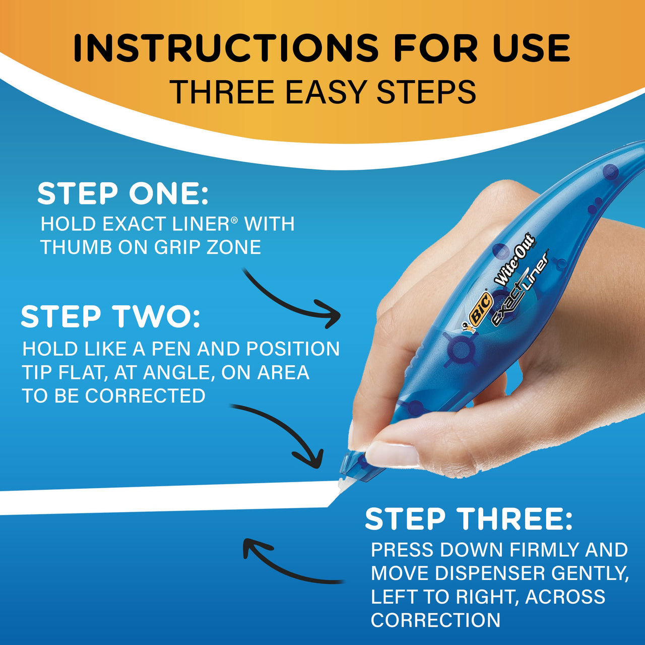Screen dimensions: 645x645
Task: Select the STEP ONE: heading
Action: (123, 193)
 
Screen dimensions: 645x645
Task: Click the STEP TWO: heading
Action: (110, 317)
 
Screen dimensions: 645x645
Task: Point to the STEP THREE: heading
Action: (469, 519)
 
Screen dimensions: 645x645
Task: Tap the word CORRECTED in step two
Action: (145, 396)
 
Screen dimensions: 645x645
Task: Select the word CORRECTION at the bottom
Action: (435, 620)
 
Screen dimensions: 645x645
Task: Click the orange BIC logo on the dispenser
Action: (480, 308)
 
